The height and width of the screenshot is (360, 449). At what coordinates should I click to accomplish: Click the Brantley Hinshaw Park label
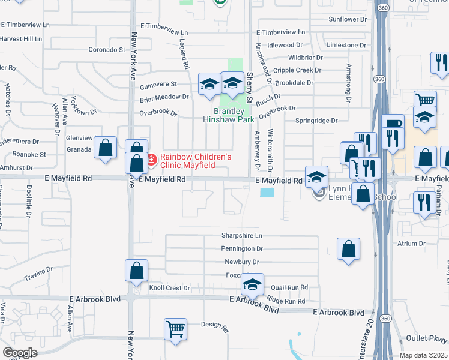click(229, 115)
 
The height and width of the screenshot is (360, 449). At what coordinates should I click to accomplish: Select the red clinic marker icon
click(151, 160)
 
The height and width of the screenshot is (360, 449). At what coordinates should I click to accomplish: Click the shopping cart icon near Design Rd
click(175, 329)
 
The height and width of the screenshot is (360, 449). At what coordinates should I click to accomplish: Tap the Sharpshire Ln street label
click(243, 236)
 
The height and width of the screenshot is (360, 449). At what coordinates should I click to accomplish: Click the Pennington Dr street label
click(243, 248)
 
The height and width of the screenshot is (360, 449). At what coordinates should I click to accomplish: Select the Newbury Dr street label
click(241, 262)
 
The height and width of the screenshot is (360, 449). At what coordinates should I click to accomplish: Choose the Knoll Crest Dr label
click(169, 288)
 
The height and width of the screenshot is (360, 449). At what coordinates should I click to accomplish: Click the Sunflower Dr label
click(348, 20)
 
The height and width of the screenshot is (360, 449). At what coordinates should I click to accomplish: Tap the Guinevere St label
click(158, 85)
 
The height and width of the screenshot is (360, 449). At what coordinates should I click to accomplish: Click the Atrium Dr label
click(411, 244)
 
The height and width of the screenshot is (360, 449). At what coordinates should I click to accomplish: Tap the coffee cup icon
click(393, 125)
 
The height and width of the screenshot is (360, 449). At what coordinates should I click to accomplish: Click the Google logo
click(20, 353)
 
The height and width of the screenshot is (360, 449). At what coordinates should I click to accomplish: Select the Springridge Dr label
click(316, 121)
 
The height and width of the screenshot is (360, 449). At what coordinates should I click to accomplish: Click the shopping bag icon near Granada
click(106, 148)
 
